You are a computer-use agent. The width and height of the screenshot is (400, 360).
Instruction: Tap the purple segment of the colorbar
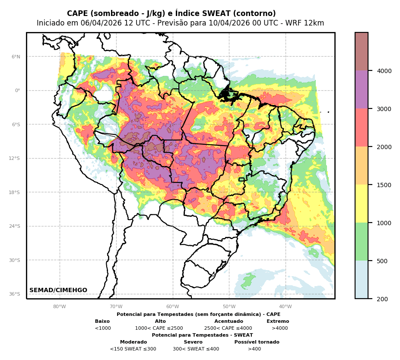(x=362, y=89)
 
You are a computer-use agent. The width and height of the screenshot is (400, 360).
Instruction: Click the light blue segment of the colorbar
(x=362, y=279)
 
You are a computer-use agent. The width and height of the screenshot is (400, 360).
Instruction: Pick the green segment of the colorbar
(x=362, y=241)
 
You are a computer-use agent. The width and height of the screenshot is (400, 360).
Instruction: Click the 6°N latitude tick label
(x=16, y=57)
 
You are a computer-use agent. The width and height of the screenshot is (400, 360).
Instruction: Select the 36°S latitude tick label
(x=15, y=294)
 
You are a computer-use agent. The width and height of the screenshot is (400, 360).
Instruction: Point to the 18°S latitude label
(x=15, y=192)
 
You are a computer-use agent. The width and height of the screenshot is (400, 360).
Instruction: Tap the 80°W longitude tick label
(x=60, y=307)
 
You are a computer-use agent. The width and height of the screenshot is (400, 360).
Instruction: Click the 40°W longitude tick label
(x=286, y=307)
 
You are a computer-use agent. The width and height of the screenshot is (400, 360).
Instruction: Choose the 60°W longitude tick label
(x=172, y=307)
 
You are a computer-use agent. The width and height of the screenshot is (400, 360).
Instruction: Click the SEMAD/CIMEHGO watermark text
(x=58, y=290)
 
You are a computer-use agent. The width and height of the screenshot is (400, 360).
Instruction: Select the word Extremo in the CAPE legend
(x=278, y=322)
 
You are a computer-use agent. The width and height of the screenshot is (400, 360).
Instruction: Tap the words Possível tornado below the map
(x=257, y=342)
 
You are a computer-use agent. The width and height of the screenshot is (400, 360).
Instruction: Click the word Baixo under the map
(x=102, y=322)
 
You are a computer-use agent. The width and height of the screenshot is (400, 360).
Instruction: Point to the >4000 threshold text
(x=279, y=328)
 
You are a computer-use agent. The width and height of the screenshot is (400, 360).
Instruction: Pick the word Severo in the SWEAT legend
(x=193, y=342)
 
